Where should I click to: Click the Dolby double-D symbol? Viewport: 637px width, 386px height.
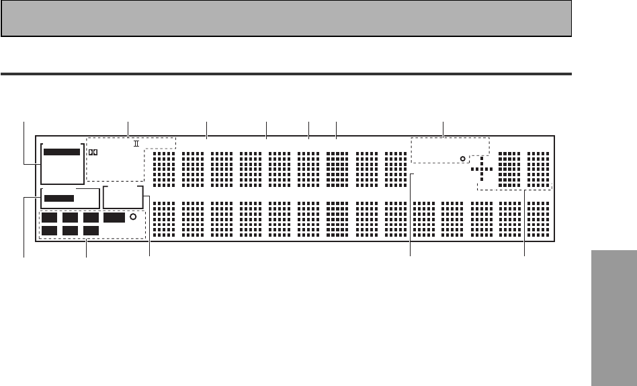pos(93,152)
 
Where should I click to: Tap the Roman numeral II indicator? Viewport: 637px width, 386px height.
pos(135,143)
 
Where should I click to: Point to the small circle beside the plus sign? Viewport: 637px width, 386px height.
pos(462,159)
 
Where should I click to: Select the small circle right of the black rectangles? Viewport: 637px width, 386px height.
pos(133,217)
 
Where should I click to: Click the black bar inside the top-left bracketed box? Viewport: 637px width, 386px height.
pos(61,152)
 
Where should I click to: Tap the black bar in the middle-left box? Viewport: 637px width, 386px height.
pos(59,198)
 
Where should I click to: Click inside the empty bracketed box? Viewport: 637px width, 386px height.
pos(124,198)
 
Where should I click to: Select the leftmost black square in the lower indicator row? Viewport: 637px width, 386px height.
pos(50,231)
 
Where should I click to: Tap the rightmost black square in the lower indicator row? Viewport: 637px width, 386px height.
pos(91,231)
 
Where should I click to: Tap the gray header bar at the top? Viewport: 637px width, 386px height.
pos(286,18)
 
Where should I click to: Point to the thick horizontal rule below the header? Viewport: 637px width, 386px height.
pos(286,73)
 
